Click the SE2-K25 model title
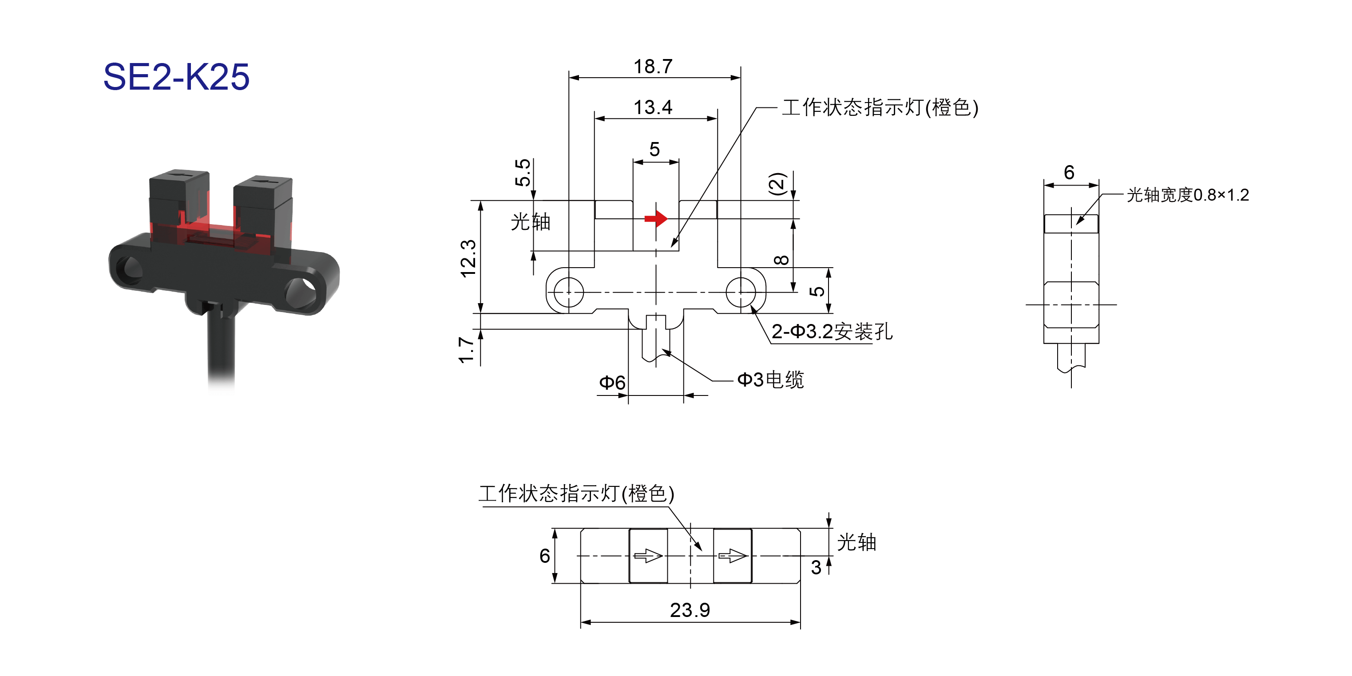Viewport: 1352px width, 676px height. coord(176,77)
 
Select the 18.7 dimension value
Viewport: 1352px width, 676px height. coord(653,67)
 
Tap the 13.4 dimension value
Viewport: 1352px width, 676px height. coord(653,107)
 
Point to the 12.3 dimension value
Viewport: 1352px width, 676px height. coord(468,258)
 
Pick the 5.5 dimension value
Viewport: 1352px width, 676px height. coord(523,173)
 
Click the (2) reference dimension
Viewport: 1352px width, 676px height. coord(777,184)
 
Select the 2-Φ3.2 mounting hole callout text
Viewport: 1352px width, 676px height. coord(832,332)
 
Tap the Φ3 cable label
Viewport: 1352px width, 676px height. coord(770,380)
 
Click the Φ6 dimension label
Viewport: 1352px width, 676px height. coord(612,383)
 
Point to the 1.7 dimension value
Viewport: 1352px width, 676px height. coord(467,350)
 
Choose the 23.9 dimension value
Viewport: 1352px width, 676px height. coord(690,610)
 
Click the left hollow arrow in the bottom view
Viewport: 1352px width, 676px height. coord(648,555)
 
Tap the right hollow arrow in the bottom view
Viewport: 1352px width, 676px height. coord(733,555)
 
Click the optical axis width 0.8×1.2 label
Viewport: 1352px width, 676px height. coord(1188,195)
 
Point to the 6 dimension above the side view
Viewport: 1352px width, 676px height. coord(1069,172)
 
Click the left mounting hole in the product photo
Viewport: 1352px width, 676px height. coord(129,269)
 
